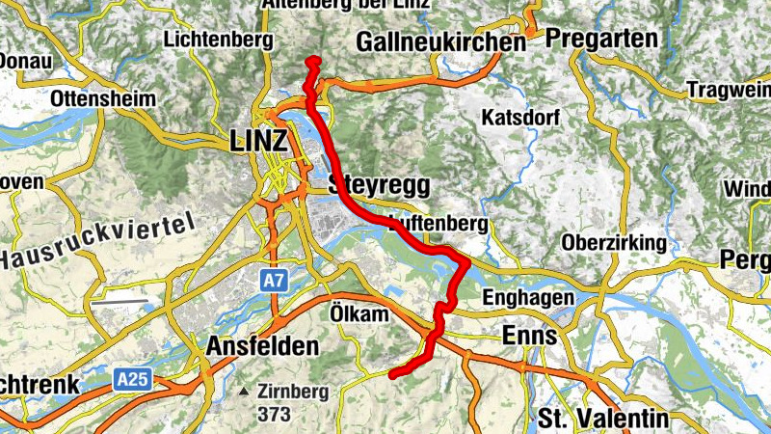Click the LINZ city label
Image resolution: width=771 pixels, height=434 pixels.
click(x=259, y=142)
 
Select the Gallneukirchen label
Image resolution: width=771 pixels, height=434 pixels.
click(x=441, y=42)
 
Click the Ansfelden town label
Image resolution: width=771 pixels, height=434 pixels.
click(x=262, y=346)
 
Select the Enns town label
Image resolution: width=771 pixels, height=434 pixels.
click(x=530, y=336)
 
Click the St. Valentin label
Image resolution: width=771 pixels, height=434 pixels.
click(x=602, y=419)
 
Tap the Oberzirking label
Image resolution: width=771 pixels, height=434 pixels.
click(x=614, y=242)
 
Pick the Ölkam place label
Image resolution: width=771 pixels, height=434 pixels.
click(x=359, y=315)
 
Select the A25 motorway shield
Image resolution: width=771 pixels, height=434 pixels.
click(x=134, y=380)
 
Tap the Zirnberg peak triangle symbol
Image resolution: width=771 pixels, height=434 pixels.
click(x=247, y=393)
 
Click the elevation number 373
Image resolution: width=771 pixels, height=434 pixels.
click(x=275, y=414)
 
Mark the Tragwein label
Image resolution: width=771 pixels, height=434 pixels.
click(x=729, y=90)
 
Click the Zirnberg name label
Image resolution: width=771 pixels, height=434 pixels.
click(x=294, y=393)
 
